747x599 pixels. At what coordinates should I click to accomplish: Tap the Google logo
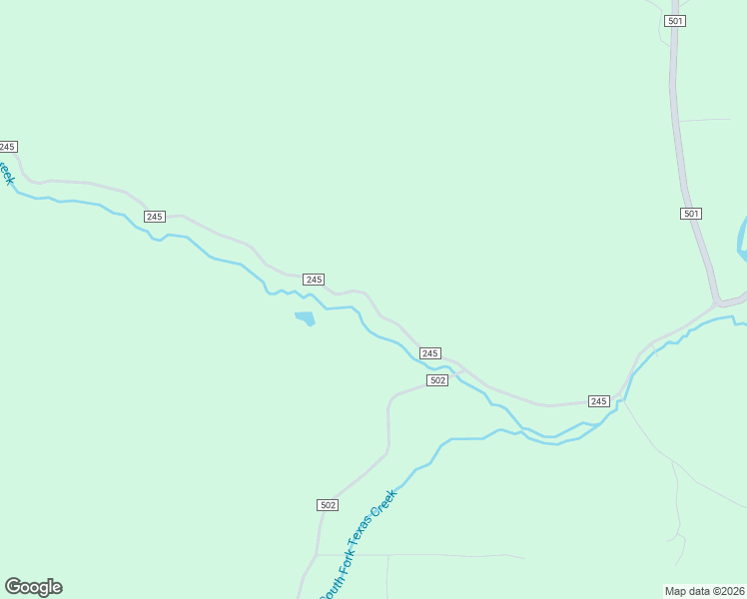(34, 587)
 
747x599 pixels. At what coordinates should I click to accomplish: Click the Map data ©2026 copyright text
(704, 590)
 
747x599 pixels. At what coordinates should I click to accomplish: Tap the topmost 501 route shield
(675, 21)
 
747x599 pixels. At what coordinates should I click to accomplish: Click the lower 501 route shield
(691, 214)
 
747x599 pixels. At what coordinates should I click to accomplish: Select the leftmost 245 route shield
(7, 147)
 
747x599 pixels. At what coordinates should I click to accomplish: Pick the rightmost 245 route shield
(598, 400)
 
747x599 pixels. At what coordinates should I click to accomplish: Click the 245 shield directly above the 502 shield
(429, 353)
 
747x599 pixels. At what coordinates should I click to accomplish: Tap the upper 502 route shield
(436, 380)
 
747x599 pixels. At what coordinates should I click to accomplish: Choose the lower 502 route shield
(328, 505)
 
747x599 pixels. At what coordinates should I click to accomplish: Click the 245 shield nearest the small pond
(314, 280)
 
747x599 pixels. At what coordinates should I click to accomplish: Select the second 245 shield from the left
(154, 217)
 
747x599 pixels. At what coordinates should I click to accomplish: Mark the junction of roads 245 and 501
(716, 300)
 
